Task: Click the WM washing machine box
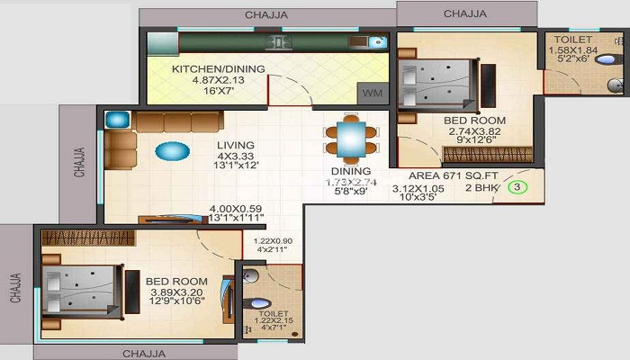pos(372,94)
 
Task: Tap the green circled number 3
pos(517,188)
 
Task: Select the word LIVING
pos(235,145)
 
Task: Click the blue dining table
pos(345,139)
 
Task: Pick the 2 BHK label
pos(481,189)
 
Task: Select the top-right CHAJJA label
pos(465,13)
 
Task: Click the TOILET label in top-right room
pos(572,40)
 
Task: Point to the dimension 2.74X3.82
pos(474,131)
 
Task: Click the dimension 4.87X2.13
pos(204,79)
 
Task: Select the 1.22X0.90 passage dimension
pos(273,241)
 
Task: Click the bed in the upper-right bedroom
pos(436,84)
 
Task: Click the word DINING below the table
pos(351,171)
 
